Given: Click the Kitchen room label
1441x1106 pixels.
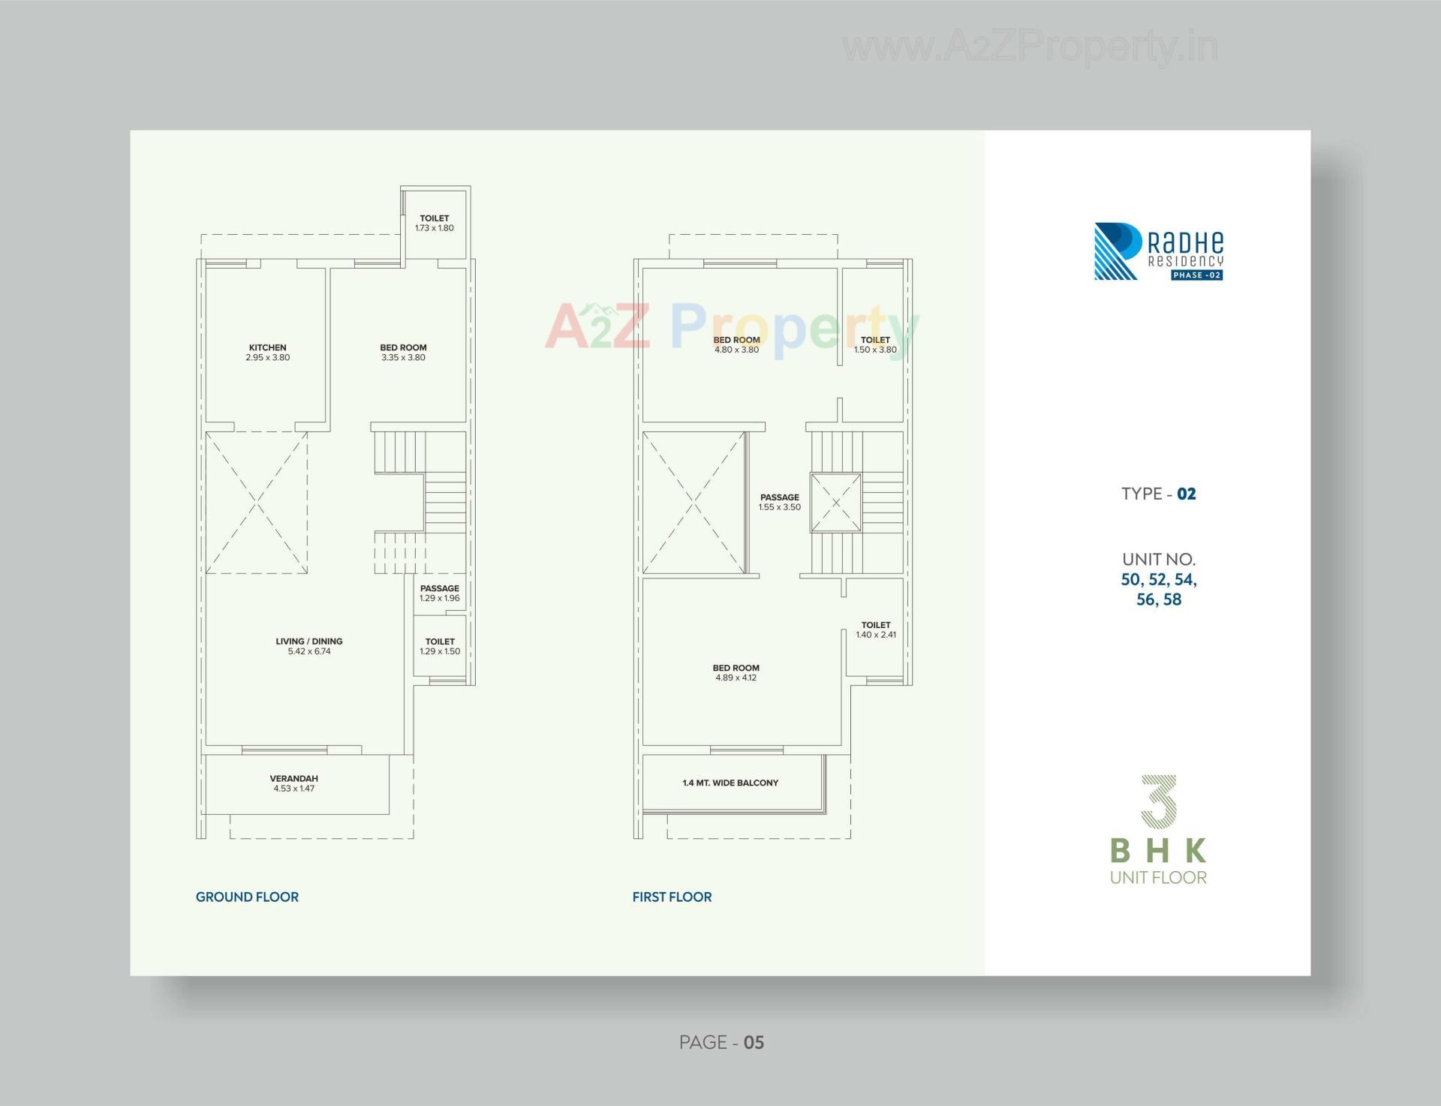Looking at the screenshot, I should tap(268, 352).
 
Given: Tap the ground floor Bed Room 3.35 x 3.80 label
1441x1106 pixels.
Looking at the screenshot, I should tap(403, 352).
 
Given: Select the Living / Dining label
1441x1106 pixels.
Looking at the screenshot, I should tap(309, 646).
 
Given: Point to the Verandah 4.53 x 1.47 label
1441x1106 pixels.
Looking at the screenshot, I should tap(294, 783).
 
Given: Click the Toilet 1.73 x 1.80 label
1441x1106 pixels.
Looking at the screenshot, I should tap(435, 223).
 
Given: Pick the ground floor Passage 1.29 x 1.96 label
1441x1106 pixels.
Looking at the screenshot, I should tap(440, 593).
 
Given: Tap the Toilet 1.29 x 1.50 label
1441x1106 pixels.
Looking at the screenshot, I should tap(440, 646).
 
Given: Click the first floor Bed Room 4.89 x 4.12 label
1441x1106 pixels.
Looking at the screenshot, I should tap(736, 672).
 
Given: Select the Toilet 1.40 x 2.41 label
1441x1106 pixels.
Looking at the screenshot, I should tap(876, 630).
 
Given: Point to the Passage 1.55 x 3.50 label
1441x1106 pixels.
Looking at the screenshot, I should tap(780, 502).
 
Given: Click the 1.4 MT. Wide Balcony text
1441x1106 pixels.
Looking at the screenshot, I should tap(730, 783).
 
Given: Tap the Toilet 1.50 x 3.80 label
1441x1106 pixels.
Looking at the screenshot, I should tap(875, 344).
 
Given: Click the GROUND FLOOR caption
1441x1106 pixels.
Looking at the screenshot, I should tap(247, 897).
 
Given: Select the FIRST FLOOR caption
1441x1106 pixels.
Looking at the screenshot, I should tap(672, 897).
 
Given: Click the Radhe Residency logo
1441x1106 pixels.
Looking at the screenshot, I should tap(1158, 251).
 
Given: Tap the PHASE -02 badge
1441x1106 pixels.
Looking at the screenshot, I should tap(1197, 275).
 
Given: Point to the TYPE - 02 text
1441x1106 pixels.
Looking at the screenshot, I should tap(1159, 494).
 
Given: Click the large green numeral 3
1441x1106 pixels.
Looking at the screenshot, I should tap(1159, 801).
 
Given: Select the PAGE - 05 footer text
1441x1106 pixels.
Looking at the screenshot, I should tap(721, 1042).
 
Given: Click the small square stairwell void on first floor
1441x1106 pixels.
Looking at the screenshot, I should tap(835, 502).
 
